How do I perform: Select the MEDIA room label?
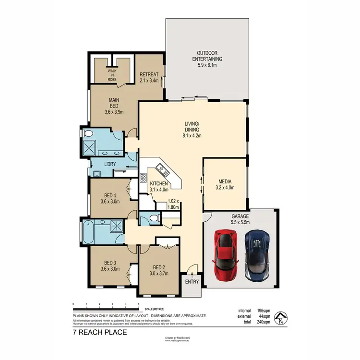coord(226,182)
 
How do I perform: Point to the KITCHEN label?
coord(158,184)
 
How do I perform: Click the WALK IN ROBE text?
coord(112,75)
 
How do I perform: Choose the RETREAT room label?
coord(148,75)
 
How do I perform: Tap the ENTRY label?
coord(192,282)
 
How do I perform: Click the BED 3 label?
coord(110,263)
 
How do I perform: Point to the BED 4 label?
coord(110,195)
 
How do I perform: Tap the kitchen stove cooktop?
coord(143,178)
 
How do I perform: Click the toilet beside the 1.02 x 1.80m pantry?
coord(153,218)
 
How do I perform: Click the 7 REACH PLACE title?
coord(99,332)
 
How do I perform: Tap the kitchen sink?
coord(161,169)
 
